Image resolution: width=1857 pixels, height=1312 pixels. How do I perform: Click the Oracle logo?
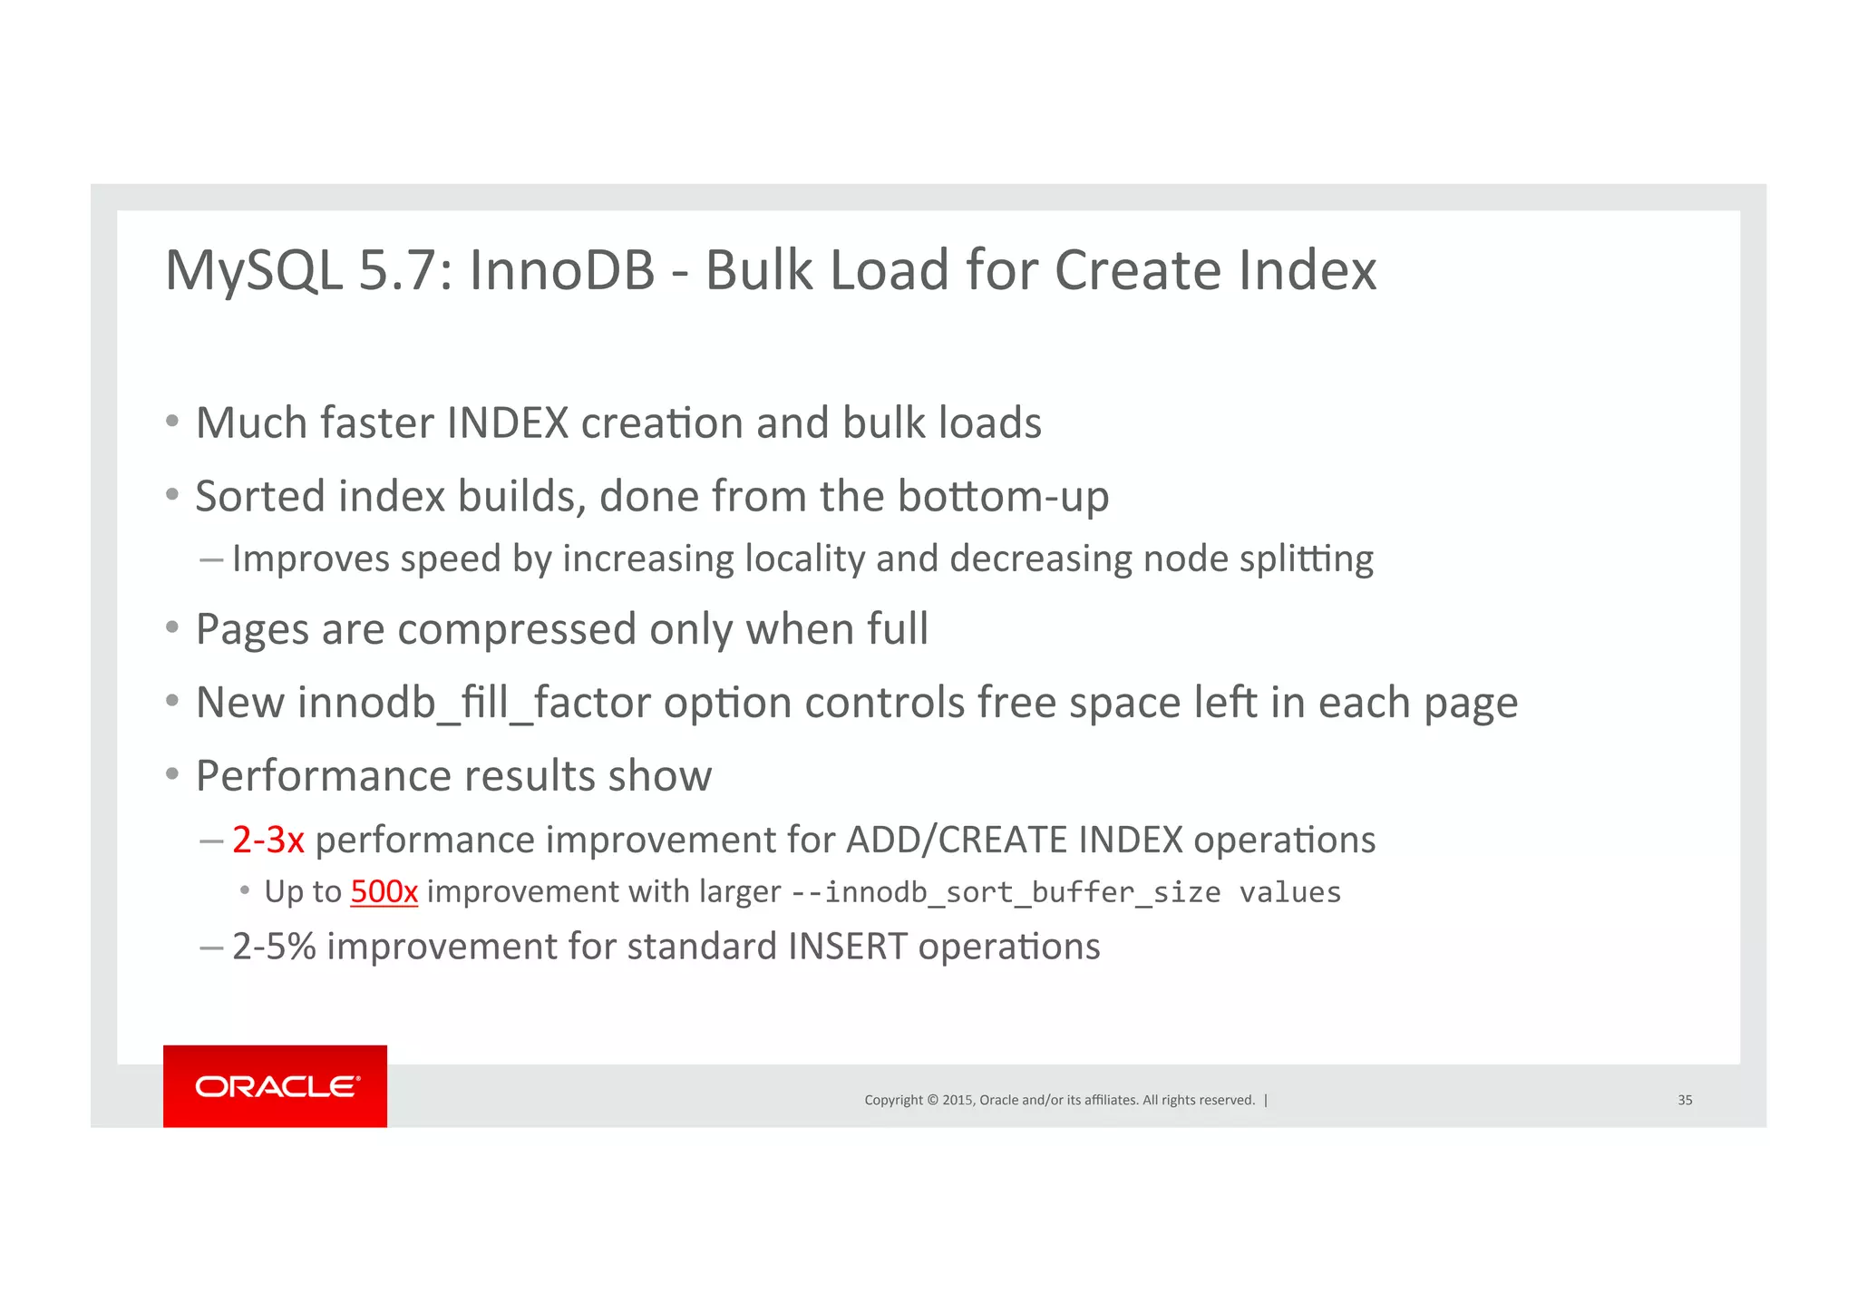(x=276, y=1085)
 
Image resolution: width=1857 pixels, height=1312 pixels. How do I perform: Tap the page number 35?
(x=1685, y=1100)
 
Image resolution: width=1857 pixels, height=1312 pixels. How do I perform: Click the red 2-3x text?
(x=267, y=840)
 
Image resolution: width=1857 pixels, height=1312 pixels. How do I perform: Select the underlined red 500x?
(x=384, y=891)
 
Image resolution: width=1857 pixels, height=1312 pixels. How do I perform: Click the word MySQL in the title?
(x=254, y=270)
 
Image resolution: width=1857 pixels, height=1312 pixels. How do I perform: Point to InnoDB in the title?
(x=561, y=270)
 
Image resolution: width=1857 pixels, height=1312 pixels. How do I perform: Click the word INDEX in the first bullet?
(x=507, y=423)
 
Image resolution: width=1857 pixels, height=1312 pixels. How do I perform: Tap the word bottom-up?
(x=1003, y=496)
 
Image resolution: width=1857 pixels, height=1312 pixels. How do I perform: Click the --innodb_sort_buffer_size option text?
(x=1006, y=892)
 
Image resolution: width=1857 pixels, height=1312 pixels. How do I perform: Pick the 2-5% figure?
(x=274, y=947)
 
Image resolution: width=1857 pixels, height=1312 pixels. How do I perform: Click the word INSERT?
(x=847, y=947)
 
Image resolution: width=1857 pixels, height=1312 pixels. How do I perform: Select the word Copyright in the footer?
(x=893, y=1100)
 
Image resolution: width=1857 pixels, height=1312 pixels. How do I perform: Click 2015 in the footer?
(x=958, y=1100)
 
